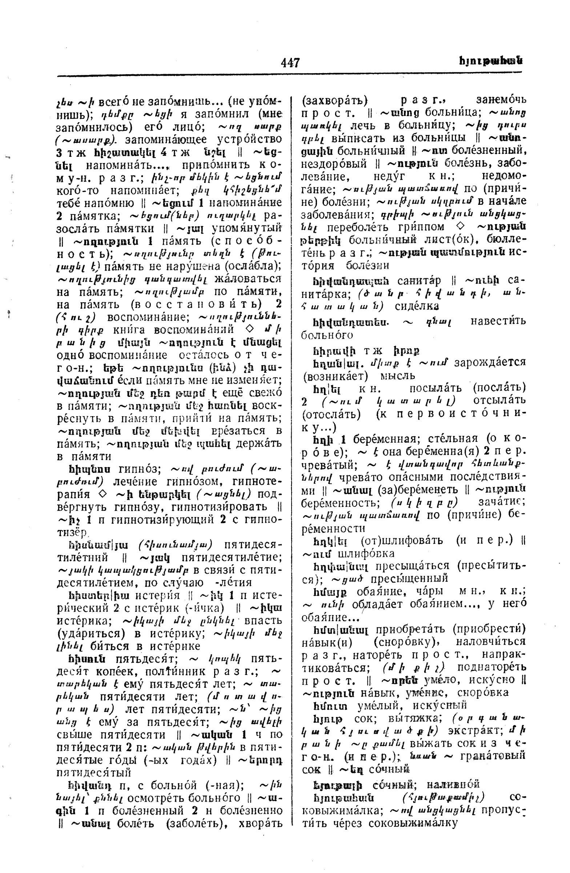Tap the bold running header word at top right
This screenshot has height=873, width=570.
490,61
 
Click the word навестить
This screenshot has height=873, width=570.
498,321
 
